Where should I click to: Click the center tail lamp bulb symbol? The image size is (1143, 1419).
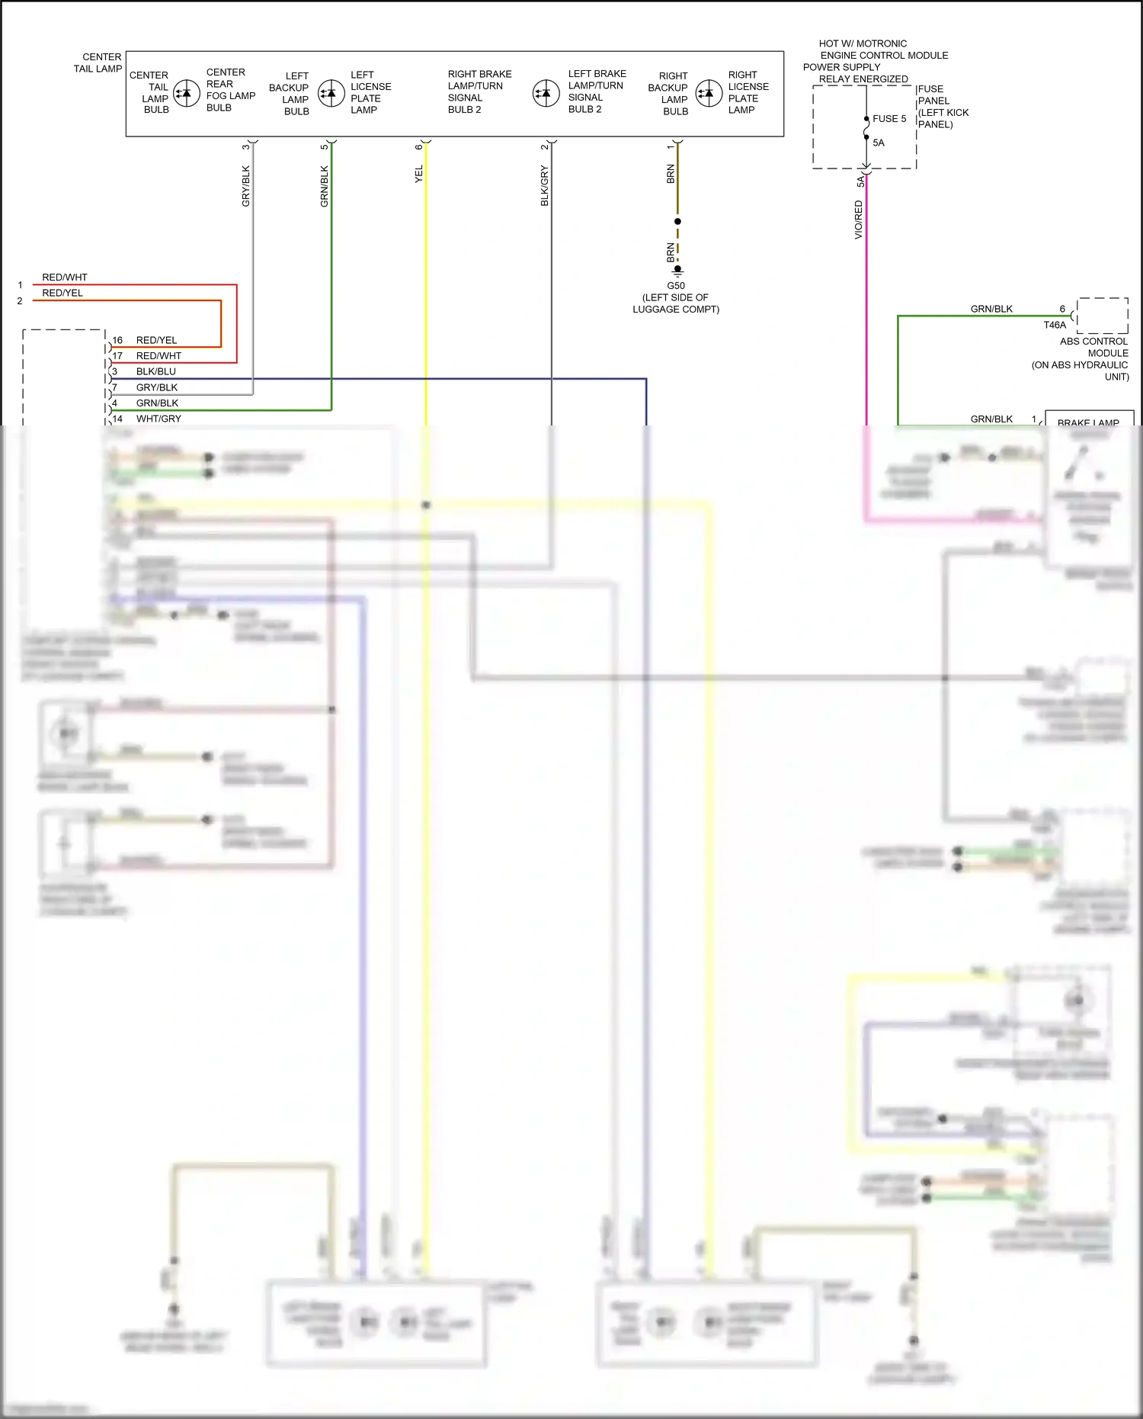(x=187, y=94)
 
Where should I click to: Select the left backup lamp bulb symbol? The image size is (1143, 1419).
(x=331, y=94)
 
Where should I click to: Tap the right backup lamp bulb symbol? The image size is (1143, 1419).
(x=709, y=94)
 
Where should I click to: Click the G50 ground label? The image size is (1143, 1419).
(x=676, y=286)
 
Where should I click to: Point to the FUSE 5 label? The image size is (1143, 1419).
(x=889, y=119)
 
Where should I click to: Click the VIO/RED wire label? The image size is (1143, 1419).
(x=859, y=220)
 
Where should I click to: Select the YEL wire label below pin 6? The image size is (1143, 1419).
(x=418, y=174)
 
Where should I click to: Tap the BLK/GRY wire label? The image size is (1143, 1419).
(x=544, y=185)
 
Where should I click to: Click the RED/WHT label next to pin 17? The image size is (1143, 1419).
(x=158, y=356)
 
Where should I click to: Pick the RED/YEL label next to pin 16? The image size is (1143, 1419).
(x=156, y=340)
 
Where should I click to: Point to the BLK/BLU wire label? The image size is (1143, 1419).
(x=155, y=371)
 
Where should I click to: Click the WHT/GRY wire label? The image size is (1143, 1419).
(x=158, y=419)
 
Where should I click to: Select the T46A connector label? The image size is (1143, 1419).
(x=1055, y=325)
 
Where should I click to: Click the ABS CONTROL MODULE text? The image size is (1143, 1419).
(x=1093, y=347)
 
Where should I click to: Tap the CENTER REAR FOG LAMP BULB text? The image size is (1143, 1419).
(x=230, y=90)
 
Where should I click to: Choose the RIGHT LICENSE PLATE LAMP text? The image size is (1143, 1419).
(x=748, y=92)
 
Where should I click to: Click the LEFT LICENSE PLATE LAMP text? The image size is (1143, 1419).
(x=370, y=92)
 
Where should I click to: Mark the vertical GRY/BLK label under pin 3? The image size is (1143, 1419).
(x=245, y=186)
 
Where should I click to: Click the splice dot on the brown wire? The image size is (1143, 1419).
(x=677, y=221)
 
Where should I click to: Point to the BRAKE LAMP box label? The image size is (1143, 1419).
(x=1088, y=422)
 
